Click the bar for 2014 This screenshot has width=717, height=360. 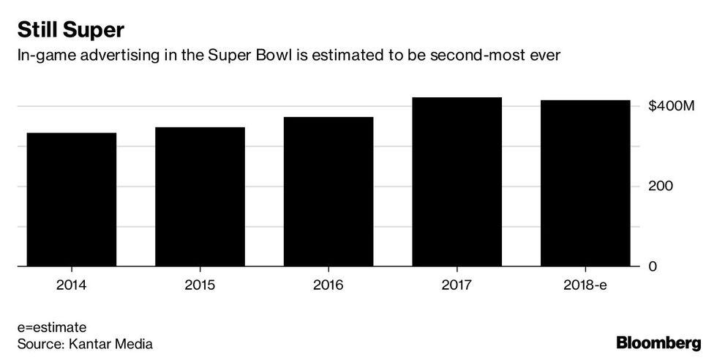(x=71, y=200)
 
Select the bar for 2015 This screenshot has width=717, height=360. (x=200, y=197)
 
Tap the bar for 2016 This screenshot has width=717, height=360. (x=329, y=192)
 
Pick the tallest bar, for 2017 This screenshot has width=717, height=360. (x=457, y=182)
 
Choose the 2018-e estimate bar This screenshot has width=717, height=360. (x=585, y=184)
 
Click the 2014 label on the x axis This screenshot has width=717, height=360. (x=71, y=285)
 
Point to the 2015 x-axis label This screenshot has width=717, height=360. (x=200, y=285)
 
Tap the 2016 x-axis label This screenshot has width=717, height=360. (x=329, y=285)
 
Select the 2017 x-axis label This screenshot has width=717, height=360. (x=457, y=285)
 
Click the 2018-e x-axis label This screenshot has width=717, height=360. (x=585, y=285)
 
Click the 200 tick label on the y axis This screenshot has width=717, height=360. (x=660, y=187)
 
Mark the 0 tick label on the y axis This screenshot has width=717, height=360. (x=653, y=266)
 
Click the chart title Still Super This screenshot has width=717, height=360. (x=72, y=31)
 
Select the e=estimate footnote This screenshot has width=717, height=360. (x=53, y=327)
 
